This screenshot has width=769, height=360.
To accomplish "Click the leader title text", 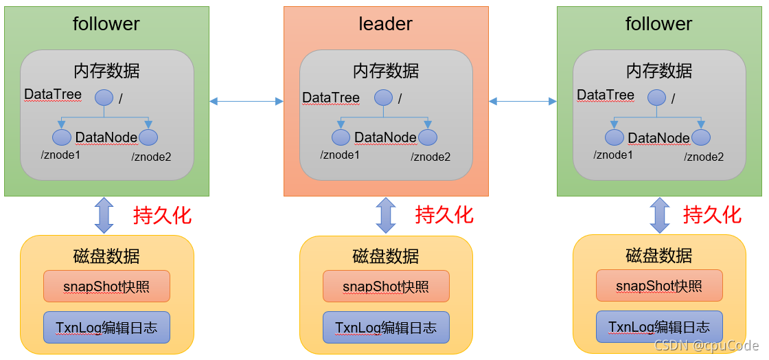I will tap(385, 24).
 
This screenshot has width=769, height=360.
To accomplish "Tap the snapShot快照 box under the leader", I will tap(386, 286).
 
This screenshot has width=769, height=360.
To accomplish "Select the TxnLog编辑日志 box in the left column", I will tap(106, 327).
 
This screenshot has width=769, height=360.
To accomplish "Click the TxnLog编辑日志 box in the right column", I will tap(659, 326).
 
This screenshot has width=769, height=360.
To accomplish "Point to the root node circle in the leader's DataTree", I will tap(383, 98).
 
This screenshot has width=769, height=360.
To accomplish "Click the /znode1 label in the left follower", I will tap(61, 155).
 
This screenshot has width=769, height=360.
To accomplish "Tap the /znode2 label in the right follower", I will tap(704, 157).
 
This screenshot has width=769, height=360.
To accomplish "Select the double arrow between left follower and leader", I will tap(246, 102).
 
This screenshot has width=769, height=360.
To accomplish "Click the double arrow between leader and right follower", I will tap(523, 102).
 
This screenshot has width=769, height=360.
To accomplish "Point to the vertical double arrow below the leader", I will tap(386, 215).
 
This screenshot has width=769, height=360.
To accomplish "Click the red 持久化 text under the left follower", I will tap(162, 215).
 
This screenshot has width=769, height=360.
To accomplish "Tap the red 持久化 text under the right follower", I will tap(712, 215).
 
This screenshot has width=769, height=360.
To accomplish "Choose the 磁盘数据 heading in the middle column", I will tap(386, 256).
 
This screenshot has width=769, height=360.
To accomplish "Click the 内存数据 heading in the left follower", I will tap(106, 70).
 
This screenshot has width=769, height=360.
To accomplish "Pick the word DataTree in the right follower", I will tap(606, 95).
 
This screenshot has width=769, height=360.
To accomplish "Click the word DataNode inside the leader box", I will tap(385, 137).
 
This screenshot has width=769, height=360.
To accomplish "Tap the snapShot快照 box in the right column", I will tap(659, 285).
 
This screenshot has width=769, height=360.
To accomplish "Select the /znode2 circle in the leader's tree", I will tap(428, 137).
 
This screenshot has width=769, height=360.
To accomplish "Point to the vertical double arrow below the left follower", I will tap(104, 215).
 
